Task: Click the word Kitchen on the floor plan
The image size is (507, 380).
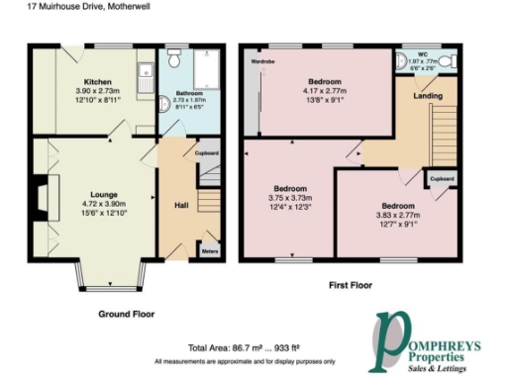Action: pos(96,80)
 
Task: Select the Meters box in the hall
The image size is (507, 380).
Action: pos(209,251)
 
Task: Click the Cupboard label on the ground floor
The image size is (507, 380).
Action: pos(206,153)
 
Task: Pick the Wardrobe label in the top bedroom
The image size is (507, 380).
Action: pos(262,61)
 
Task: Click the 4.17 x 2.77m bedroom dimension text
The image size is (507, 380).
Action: pos(325,91)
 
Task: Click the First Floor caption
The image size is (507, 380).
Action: pos(353,284)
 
